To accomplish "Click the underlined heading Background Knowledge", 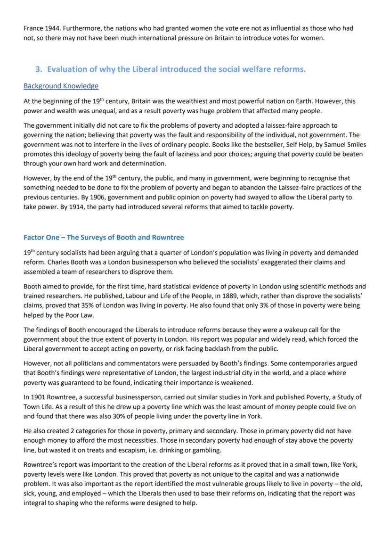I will (61, 86).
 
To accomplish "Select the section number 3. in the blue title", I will (39, 69).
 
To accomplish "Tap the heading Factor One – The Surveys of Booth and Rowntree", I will (104, 237).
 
